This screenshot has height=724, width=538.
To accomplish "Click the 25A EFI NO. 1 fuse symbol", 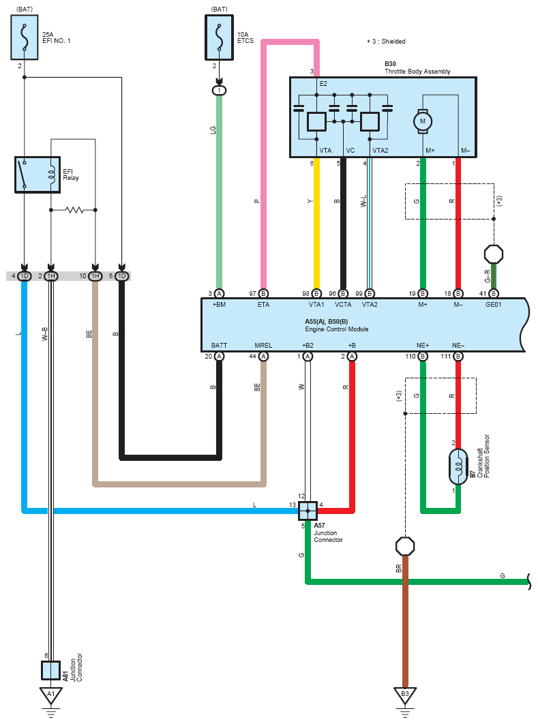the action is [x=25, y=37].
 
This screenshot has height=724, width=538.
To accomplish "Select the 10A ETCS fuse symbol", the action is [x=220, y=37].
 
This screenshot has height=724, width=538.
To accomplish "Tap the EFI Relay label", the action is [x=71, y=175].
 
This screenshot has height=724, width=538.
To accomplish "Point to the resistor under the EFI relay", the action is [x=74, y=210].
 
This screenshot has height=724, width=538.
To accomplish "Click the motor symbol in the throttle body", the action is [x=423, y=121].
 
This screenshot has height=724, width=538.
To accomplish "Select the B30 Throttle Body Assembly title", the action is [x=417, y=68].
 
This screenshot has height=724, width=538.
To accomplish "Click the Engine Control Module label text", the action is [x=337, y=329].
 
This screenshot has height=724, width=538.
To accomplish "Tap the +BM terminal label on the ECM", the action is [x=219, y=305].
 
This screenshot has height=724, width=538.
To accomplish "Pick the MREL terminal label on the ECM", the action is [x=263, y=346].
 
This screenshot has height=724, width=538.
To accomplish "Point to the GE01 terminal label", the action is [x=493, y=305].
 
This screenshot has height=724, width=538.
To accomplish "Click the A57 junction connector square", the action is [x=308, y=511].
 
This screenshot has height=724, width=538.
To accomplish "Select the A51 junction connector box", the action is [x=50, y=670].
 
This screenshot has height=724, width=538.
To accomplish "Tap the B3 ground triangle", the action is [x=405, y=695].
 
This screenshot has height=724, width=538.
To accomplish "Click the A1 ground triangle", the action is [x=50, y=695].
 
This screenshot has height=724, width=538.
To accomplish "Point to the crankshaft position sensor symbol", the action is [x=458, y=466].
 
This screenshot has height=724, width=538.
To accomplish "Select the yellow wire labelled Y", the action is [x=316, y=224].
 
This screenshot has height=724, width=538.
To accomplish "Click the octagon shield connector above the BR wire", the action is [x=405, y=546].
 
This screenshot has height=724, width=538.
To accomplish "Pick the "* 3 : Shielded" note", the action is [x=386, y=42].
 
